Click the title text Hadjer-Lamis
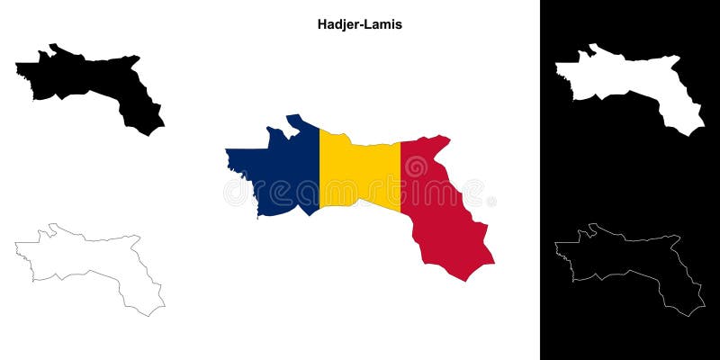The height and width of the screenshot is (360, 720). [x=359, y=25]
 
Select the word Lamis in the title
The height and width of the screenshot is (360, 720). [x=384, y=25]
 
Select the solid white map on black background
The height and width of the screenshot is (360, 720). [x=630, y=81]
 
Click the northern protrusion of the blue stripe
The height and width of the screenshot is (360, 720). [x=292, y=119]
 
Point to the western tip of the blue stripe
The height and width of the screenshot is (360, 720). [x=228, y=150]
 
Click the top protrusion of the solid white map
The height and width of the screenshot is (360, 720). [x=594, y=46]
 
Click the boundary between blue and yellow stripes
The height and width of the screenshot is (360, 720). [x=319, y=171]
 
